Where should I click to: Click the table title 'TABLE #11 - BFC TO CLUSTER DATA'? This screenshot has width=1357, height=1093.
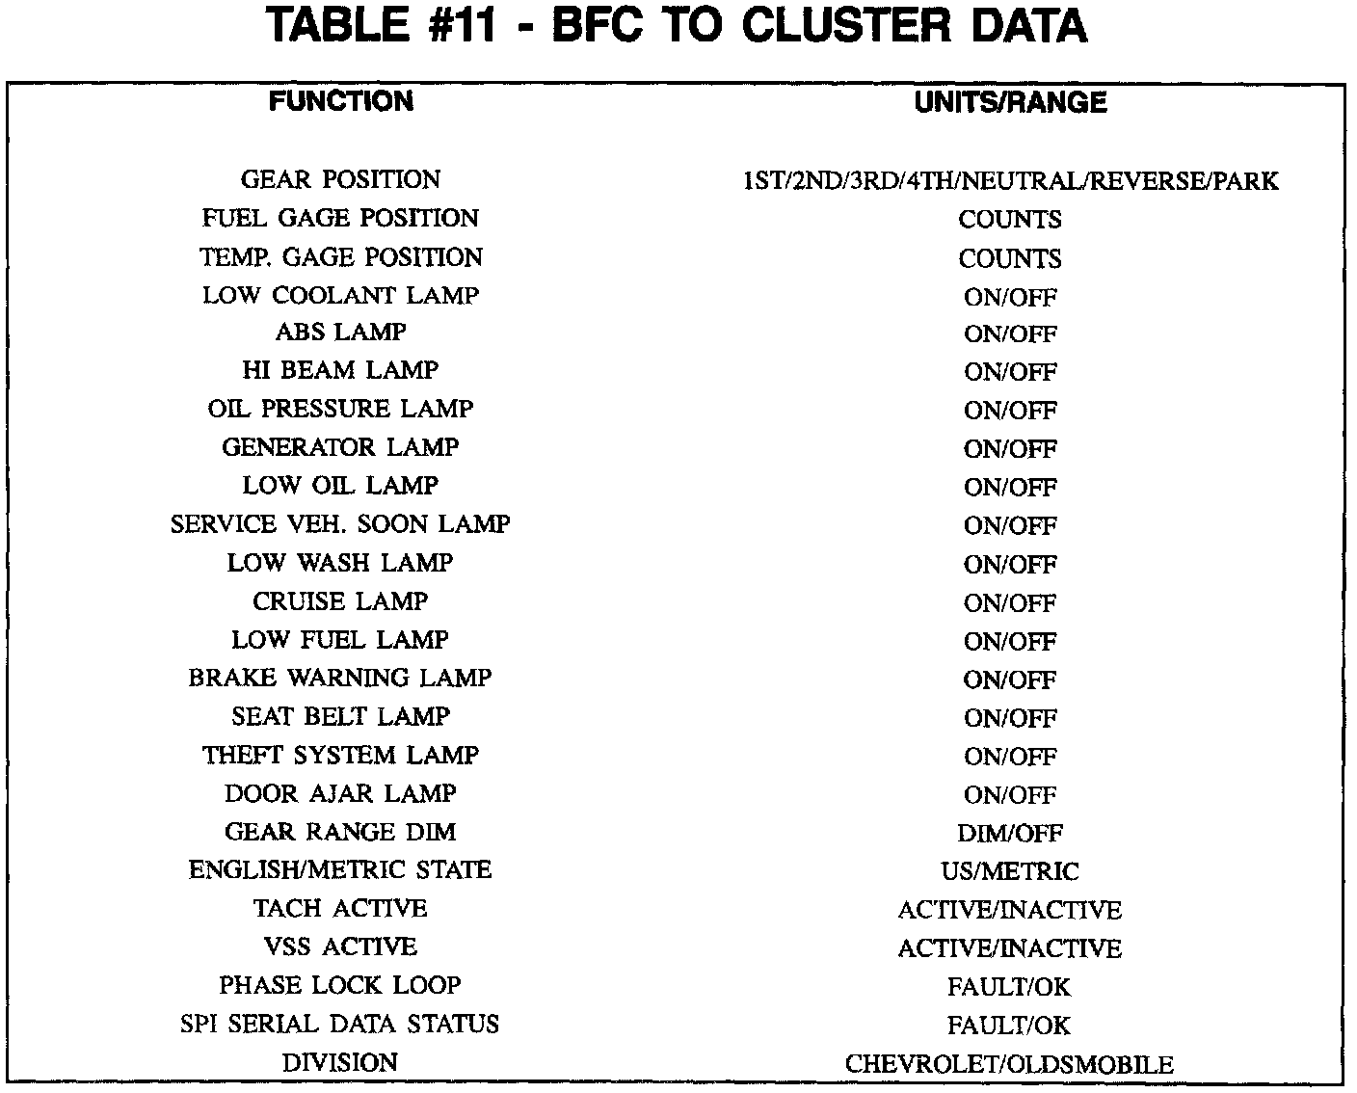point(678,26)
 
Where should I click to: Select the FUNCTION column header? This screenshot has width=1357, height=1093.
point(340,101)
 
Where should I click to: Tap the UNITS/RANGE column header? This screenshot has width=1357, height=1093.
point(1010,102)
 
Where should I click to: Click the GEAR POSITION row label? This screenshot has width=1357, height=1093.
point(340,179)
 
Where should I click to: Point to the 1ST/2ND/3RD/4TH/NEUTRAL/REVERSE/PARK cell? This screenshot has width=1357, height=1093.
point(1010,180)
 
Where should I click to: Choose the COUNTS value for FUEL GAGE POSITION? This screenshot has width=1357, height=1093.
point(1010,219)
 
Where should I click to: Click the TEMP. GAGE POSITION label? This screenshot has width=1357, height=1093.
point(340,257)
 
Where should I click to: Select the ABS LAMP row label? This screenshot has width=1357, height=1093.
point(340,333)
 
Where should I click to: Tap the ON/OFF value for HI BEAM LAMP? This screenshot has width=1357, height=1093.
point(1010,372)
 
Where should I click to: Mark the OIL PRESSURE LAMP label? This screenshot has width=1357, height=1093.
point(340,409)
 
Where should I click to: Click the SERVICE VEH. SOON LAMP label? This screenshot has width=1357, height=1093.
point(340,524)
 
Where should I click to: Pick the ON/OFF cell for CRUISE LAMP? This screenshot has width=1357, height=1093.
point(1010,603)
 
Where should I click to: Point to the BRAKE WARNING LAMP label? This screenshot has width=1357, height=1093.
point(340,678)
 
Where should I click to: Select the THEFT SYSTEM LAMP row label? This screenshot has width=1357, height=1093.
point(340,755)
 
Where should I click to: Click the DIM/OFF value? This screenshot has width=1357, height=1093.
point(1010,833)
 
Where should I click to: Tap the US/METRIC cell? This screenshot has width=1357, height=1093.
point(1010,871)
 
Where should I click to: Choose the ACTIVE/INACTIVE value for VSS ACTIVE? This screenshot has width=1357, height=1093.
point(1010,948)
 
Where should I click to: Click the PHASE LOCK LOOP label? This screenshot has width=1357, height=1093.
point(340,985)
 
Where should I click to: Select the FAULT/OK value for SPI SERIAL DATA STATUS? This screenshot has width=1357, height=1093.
point(1010,1026)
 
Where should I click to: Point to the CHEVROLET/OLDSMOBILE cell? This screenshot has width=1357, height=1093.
point(1010,1064)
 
